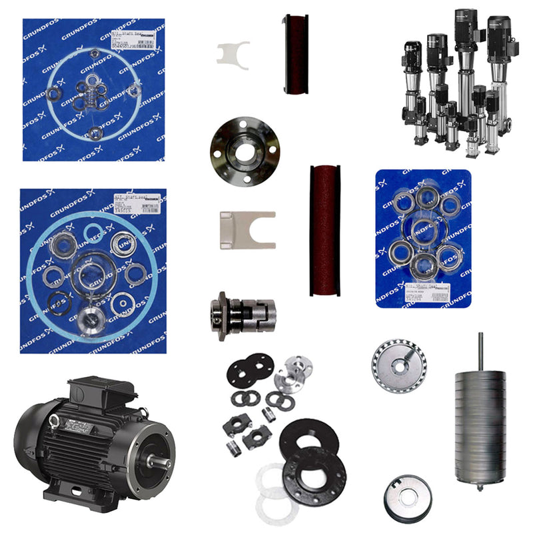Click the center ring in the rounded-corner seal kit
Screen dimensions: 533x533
pyautogui.click(x=424, y=230)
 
